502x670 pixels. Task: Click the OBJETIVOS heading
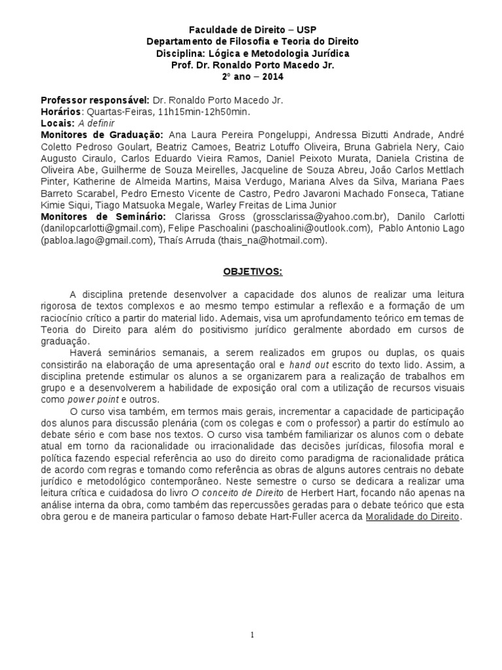(x=251, y=270)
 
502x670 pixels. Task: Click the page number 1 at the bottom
(x=251, y=634)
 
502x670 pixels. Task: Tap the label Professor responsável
(x=95, y=100)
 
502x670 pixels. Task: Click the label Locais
(x=58, y=124)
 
